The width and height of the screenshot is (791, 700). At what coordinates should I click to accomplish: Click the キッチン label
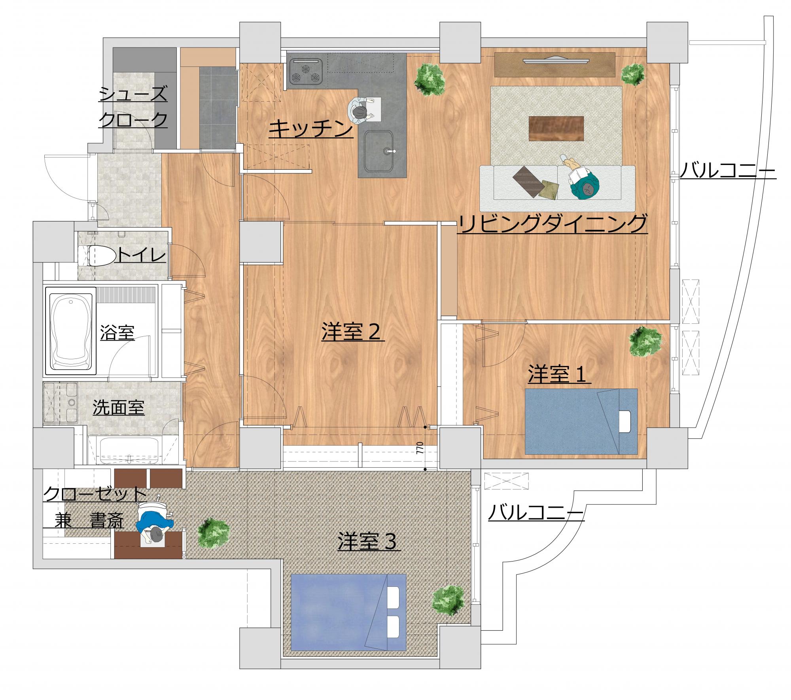pos(310,129)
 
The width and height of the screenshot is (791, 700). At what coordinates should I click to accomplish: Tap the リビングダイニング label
pos(552,224)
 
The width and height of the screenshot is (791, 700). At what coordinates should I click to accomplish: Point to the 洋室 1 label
pos(559,374)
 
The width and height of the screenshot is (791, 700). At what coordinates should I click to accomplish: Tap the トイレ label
pos(141,256)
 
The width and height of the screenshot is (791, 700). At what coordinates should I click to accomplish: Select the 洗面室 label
pos(119,408)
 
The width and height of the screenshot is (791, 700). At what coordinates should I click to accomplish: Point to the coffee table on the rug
pos(557,128)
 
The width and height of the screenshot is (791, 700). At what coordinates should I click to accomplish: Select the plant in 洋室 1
pos(645,341)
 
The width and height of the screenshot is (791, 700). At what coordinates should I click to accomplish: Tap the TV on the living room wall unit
pos(556,60)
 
